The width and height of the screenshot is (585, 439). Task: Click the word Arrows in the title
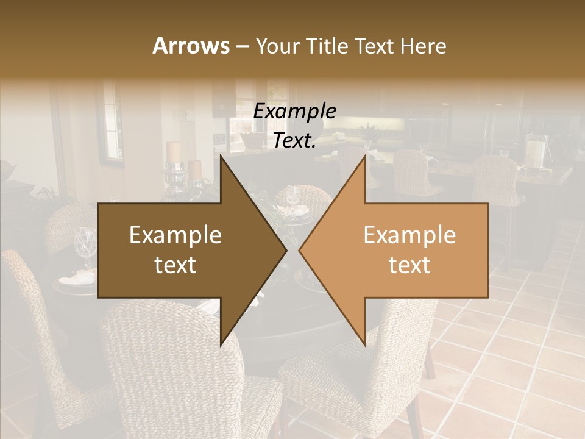pos(191,46)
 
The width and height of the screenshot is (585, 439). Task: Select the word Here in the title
pos(422,46)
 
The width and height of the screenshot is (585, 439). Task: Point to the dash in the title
pos(242,47)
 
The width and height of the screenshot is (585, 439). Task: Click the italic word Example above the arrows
pos(295,111)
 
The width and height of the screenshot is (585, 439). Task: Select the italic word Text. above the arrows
pos(295,141)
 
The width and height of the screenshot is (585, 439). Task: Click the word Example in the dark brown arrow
pos(175,235)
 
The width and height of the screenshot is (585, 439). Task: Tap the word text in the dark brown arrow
pos(175,265)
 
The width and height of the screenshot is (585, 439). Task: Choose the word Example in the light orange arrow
pos(409,235)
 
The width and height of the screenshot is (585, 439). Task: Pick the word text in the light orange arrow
pos(409,265)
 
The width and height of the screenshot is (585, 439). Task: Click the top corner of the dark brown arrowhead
pos(221,156)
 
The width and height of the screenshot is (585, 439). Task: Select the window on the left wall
pos(110,122)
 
